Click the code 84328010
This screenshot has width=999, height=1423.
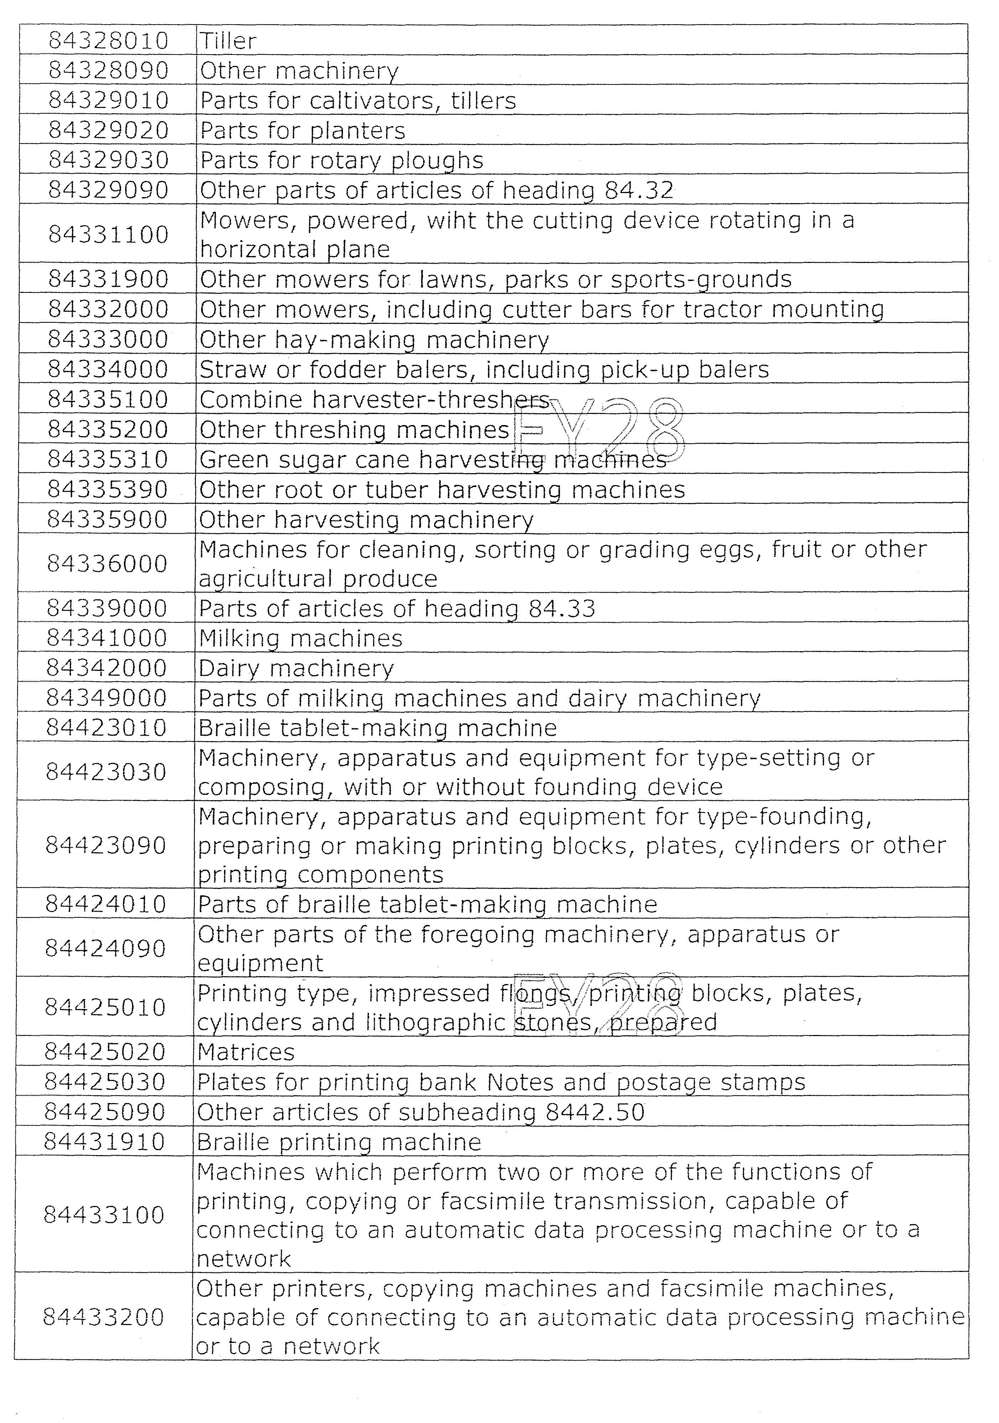point(109,41)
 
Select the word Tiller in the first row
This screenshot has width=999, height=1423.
point(228,41)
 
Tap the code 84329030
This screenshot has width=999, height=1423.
point(109,161)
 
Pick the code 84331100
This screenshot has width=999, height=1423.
point(109,235)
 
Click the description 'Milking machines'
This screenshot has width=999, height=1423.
point(301,639)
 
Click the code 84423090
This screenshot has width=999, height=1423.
point(106,846)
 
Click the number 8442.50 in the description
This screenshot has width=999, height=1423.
point(595,1112)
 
